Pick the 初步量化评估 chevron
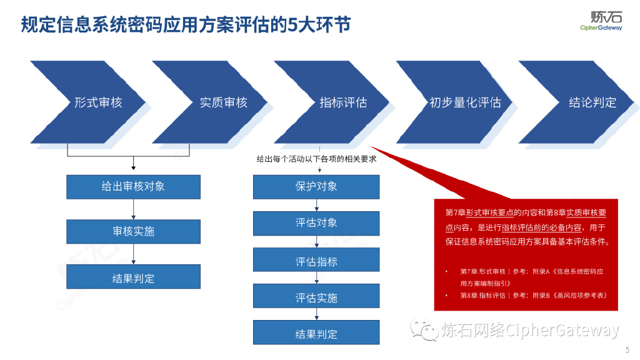pyautogui.click(x=465, y=102)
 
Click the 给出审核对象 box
pyautogui.click(x=133, y=186)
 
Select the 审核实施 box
pyautogui.click(x=133, y=231)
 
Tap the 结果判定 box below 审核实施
pyautogui.click(x=133, y=277)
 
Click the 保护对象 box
pyautogui.click(x=316, y=186)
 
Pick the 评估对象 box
pyautogui.click(x=316, y=223)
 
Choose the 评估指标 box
pyautogui.click(x=316, y=260)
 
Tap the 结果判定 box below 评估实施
pyautogui.click(x=316, y=332)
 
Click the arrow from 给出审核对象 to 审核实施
pyautogui.click(x=134, y=209)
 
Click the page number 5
pyautogui.click(x=627, y=349)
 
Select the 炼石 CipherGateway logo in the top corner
pyautogui.click(x=601, y=20)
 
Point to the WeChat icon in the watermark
pyautogui.click(x=422, y=329)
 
